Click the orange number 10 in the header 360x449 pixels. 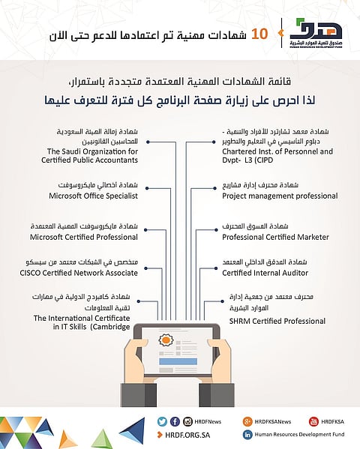(x=258, y=34)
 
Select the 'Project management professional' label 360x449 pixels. (x=279, y=196)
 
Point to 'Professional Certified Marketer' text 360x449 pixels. (x=275, y=237)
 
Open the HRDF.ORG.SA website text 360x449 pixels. (x=184, y=434)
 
